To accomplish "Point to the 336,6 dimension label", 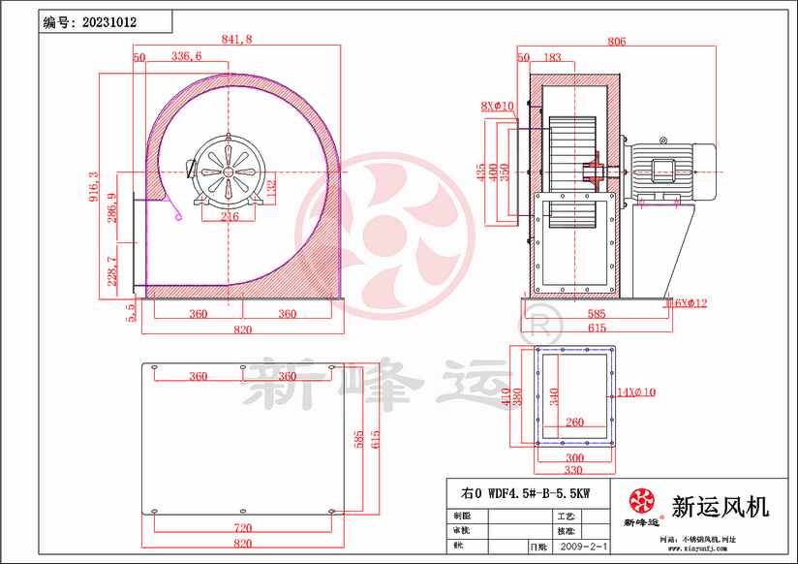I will click(186, 57).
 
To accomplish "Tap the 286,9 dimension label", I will click(112, 209).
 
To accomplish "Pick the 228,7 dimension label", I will click(112, 272).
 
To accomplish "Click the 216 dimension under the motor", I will click(230, 217).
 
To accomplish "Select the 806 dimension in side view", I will click(616, 42).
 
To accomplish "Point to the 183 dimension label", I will click(553, 59).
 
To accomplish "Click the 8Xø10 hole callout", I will click(497, 105).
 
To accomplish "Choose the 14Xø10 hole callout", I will click(636, 392).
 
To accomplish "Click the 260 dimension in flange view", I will click(574, 423).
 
